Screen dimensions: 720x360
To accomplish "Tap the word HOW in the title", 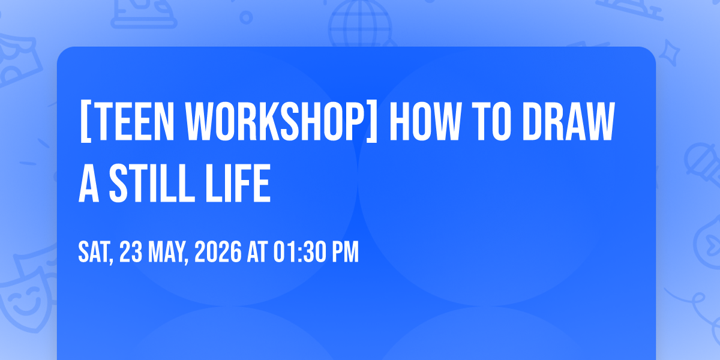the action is (425, 121).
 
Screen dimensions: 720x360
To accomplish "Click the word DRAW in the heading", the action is (569, 121).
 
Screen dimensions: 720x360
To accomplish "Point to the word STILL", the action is (152, 183).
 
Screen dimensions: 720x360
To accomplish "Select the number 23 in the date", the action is (131, 252).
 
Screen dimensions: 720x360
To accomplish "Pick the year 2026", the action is (218, 252).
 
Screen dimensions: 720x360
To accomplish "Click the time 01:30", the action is (299, 252).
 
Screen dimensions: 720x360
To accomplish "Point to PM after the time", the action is (345, 252).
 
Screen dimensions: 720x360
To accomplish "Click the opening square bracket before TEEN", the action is (85, 121).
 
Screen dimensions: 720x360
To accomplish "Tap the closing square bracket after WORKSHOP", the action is (372, 121).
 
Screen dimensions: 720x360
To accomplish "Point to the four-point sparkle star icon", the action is (670, 53).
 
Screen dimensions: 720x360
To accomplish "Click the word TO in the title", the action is (493, 121).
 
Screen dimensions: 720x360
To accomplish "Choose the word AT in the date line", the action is (257, 252).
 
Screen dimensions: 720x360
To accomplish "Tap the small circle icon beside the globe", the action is (246, 17).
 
